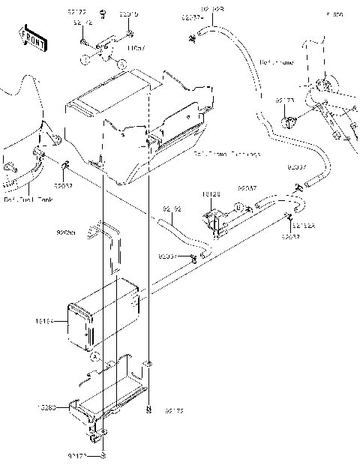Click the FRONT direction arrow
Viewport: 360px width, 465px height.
[x=31, y=37]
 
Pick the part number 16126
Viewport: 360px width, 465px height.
[x=211, y=193]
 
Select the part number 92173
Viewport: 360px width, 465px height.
[x=283, y=99]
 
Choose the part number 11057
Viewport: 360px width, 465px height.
[x=136, y=47]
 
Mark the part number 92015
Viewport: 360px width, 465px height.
[x=128, y=13]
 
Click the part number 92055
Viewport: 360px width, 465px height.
[x=66, y=233]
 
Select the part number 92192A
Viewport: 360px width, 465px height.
[x=304, y=225]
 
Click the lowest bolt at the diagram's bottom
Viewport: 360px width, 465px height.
[x=103, y=455]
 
